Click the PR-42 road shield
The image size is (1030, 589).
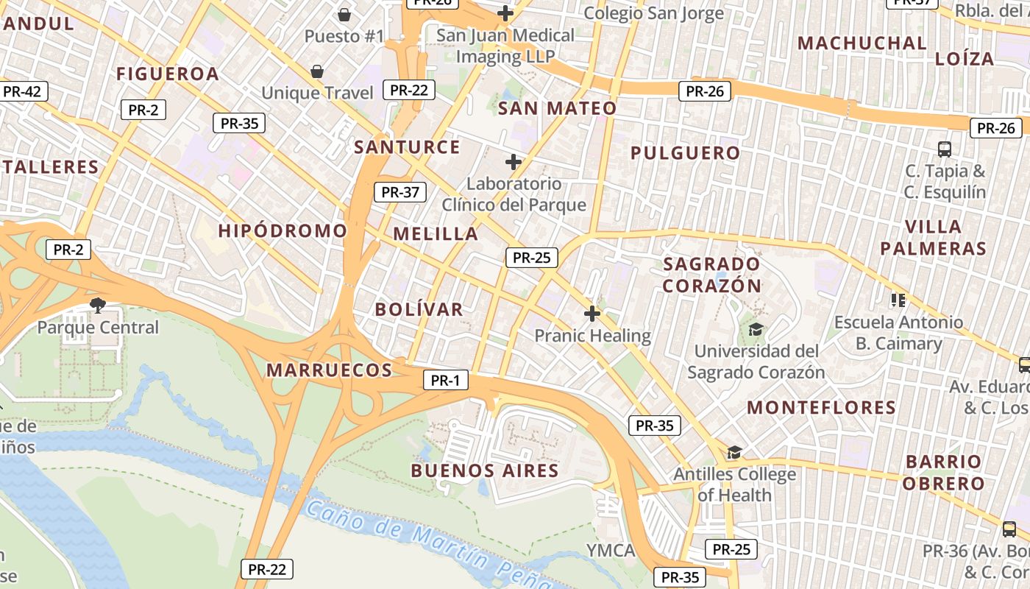22,91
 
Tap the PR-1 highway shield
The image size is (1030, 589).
445,380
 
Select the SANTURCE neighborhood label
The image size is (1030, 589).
407,147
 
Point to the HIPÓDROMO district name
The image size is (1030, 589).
283,230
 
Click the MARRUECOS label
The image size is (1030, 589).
329,370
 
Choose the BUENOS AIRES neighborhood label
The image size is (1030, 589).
485,470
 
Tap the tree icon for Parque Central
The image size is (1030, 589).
96,305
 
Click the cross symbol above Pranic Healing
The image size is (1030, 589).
592,314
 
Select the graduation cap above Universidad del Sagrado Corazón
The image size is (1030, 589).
756,329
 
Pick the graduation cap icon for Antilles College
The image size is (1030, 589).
734,452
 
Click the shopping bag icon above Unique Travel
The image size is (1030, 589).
316,71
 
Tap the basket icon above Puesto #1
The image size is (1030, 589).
344,15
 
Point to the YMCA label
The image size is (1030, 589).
611,551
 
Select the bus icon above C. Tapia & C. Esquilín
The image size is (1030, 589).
945,149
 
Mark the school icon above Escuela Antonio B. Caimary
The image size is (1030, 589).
898,300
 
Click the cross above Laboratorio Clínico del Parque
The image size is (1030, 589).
514,162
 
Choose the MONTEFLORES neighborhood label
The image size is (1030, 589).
821,407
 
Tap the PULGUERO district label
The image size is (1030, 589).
685,153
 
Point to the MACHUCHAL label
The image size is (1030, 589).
862,43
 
